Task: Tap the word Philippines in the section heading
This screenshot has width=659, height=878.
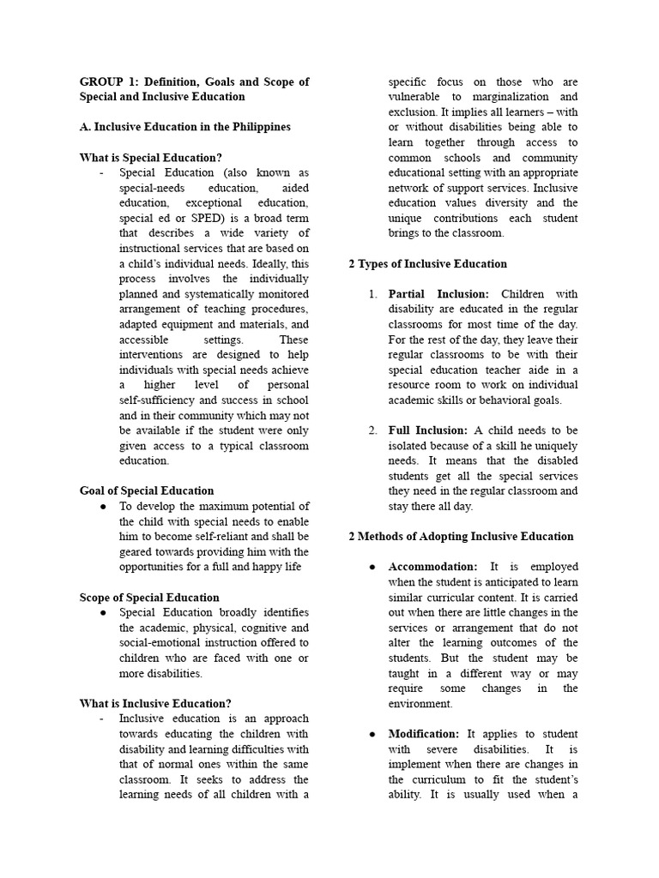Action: tap(254, 127)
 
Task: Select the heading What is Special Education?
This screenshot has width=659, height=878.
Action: tap(150, 158)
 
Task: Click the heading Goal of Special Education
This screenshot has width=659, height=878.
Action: tap(147, 491)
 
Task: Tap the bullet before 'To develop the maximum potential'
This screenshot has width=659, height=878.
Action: tap(103, 507)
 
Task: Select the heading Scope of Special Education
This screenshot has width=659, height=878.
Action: tap(149, 598)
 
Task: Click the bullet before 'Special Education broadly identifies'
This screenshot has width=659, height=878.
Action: tap(103, 613)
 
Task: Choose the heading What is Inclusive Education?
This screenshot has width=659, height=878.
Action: tap(155, 704)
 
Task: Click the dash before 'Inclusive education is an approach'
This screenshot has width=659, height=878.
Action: tap(101, 719)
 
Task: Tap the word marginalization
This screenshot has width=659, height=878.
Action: tap(525, 97)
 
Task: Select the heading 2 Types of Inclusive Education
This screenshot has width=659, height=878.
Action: tap(427, 264)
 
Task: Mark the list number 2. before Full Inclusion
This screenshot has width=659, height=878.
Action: tap(373, 430)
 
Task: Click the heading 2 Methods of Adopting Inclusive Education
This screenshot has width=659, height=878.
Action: tap(461, 537)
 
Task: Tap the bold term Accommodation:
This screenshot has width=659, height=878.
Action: tap(433, 567)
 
